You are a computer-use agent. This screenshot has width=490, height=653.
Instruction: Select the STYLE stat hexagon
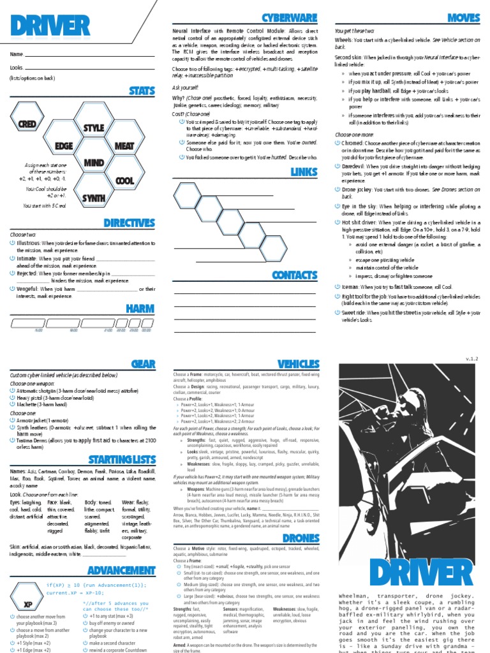click(93, 128)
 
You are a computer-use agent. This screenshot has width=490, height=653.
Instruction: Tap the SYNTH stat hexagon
click(93, 197)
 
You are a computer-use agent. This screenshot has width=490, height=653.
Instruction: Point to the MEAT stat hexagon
click(124, 146)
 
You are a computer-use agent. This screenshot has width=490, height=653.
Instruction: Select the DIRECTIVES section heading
click(130, 223)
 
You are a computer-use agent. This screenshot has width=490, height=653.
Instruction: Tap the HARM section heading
click(140, 309)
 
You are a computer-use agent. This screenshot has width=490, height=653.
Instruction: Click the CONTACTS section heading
click(294, 275)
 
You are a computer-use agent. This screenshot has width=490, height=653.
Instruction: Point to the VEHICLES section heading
click(298, 363)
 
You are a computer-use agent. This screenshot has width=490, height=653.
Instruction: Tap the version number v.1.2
click(471, 359)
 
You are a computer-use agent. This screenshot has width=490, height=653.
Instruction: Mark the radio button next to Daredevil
click(338, 166)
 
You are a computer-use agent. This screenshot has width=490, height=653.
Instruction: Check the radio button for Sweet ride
click(338, 313)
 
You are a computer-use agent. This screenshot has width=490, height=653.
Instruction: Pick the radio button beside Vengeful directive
click(13, 289)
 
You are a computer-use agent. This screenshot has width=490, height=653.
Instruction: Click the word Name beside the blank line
click(17, 54)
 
